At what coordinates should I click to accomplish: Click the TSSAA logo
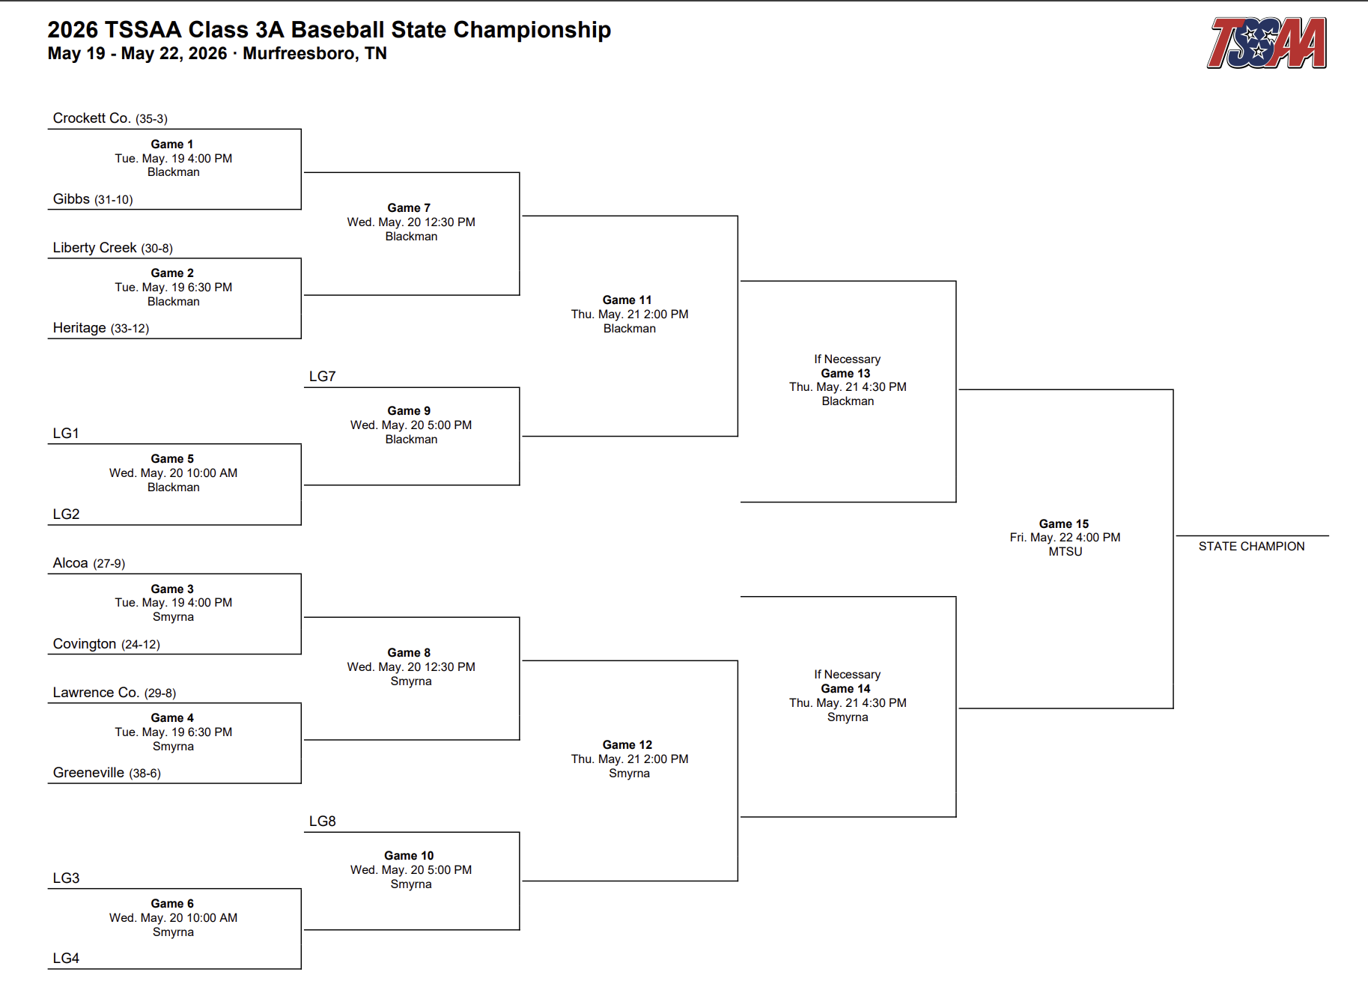click(1266, 43)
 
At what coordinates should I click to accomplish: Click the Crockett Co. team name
click(91, 118)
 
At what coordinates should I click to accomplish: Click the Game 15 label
click(1064, 524)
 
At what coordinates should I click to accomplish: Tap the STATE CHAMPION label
click(1251, 547)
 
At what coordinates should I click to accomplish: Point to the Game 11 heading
click(627, 300)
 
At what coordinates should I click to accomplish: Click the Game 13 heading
click(845, 374)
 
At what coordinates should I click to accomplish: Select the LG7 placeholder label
click(323, 377)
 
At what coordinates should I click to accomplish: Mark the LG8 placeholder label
click(323, 821)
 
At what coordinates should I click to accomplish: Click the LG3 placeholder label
click(66, 878)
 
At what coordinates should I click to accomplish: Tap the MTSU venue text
click(1065, 552)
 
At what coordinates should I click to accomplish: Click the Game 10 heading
click(409, 856)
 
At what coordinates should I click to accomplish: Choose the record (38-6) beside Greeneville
click(145, 774)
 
